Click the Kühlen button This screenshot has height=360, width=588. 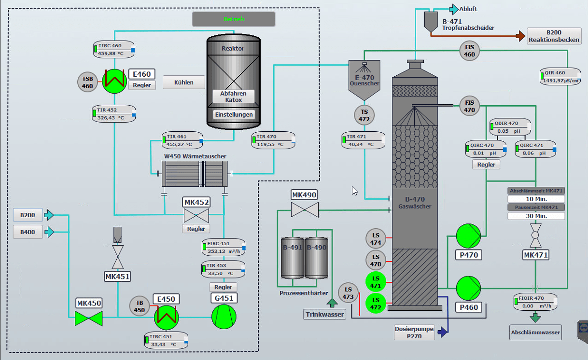[183, 83]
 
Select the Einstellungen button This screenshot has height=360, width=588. [234, 115]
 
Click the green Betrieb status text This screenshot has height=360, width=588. [234, 19]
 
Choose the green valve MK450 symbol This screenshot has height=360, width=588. [89, 318]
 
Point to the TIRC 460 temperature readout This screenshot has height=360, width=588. [114, 50]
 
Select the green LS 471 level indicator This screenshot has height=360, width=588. [376, 282]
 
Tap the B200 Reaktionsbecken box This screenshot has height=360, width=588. [554, 36]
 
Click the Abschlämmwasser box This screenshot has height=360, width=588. [535, 332]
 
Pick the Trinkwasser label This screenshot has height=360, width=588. [325, 315]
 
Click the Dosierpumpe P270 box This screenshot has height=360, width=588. [415, 332]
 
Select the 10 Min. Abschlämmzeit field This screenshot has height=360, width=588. [536, 199]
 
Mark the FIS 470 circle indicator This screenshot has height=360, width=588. [470, 106]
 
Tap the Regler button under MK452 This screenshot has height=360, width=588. [196, 229]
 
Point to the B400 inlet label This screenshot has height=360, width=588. [28, 232]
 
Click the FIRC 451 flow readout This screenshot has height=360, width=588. [223, 248]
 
